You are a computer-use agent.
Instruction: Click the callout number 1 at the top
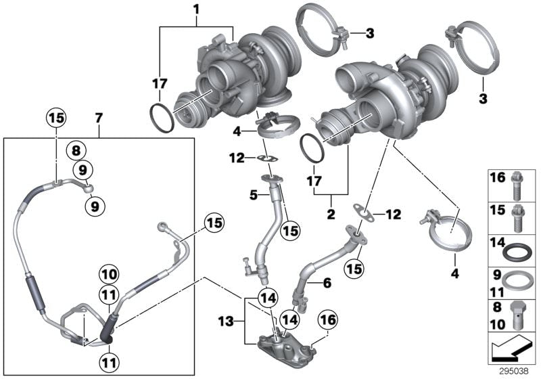(196, 9)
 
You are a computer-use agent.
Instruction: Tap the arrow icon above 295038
(511, 351)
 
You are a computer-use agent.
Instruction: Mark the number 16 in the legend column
(497, 178)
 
